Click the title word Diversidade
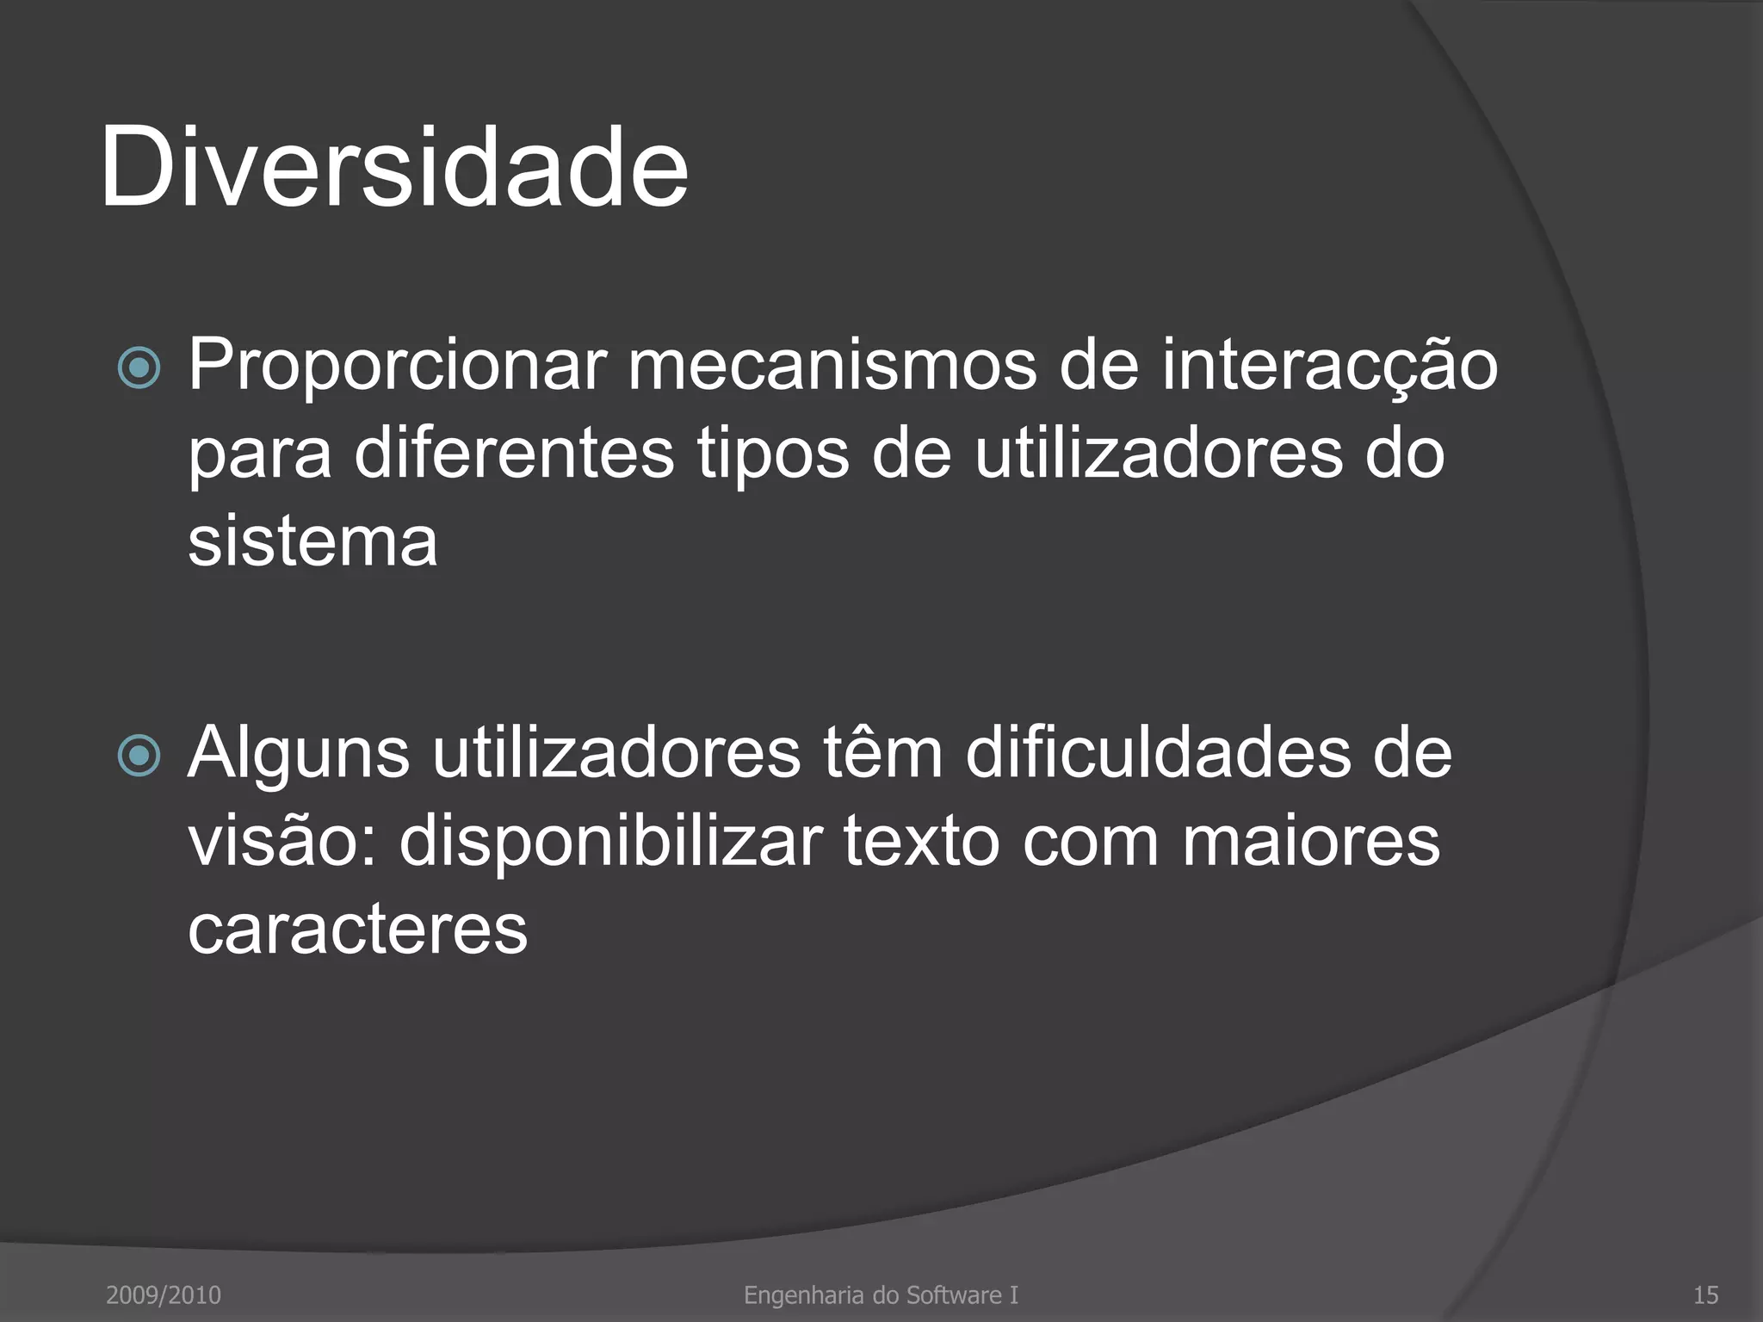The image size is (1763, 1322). click(x=394, y=167)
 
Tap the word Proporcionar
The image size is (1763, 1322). click(x=397, y=366)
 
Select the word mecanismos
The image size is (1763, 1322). click(x=832, y=366)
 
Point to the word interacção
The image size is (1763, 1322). click(x=1330, y=366)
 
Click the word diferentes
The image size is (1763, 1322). click(x=514, y=454)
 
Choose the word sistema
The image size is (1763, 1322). click(x=312, y=542)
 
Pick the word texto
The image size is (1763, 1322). click(x=921, y=841)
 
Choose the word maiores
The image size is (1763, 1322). click(x=1310, y=841)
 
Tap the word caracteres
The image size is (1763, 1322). click(x=357, y=930)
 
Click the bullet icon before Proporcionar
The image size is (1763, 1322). click(x=139, y=368)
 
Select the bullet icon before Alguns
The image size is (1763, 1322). click(x=139, y=756)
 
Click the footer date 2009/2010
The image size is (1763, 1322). click(x=164, y=1294)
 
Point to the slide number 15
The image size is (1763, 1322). click(x=1705, y=1294)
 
